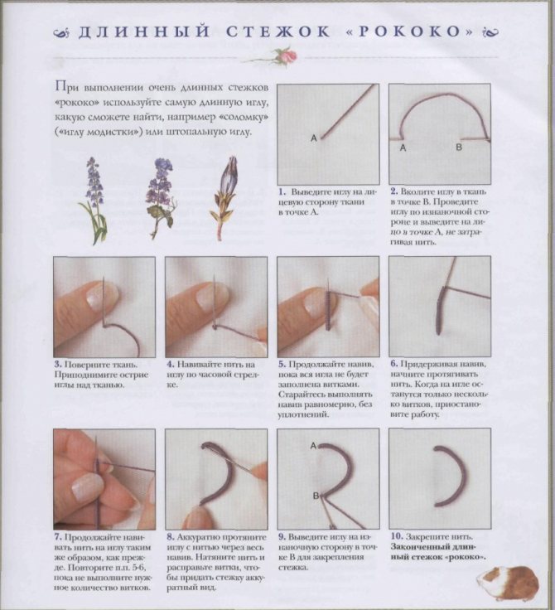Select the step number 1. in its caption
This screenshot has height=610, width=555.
pos(282,192)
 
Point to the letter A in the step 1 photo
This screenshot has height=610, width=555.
pos(314,138)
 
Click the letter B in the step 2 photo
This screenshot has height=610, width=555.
pos(459,148)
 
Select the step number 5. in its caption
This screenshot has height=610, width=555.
pos(282,365)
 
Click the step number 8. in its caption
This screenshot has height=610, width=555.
pos(171,537)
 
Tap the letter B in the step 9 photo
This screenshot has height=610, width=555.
pos(316,496)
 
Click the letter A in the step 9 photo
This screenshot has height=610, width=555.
pos(313,446)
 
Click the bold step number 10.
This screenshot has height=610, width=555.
pos(396,537)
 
